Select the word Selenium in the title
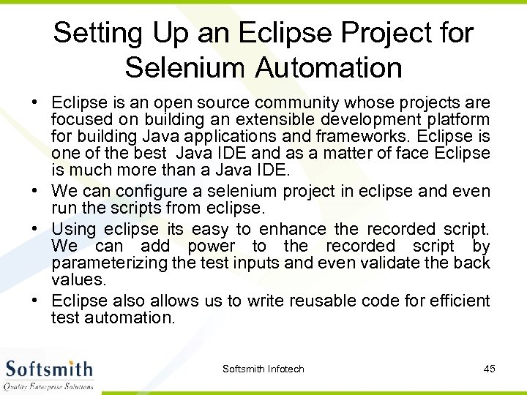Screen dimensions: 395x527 click(x=186, y=68)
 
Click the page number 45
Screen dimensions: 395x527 click(x=490, y=369)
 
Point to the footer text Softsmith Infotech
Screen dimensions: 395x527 click(x=263, y=369)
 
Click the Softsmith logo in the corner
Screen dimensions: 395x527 click(x=50, y=369)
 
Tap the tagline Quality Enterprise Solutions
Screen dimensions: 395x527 click(x=50, y=386)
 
